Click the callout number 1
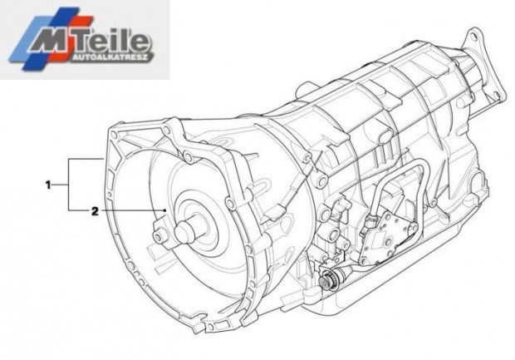48,185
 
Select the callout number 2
95,211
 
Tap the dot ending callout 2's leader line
164,210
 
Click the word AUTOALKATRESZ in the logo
112,58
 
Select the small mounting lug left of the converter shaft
160,234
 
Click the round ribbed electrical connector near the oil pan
329,280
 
